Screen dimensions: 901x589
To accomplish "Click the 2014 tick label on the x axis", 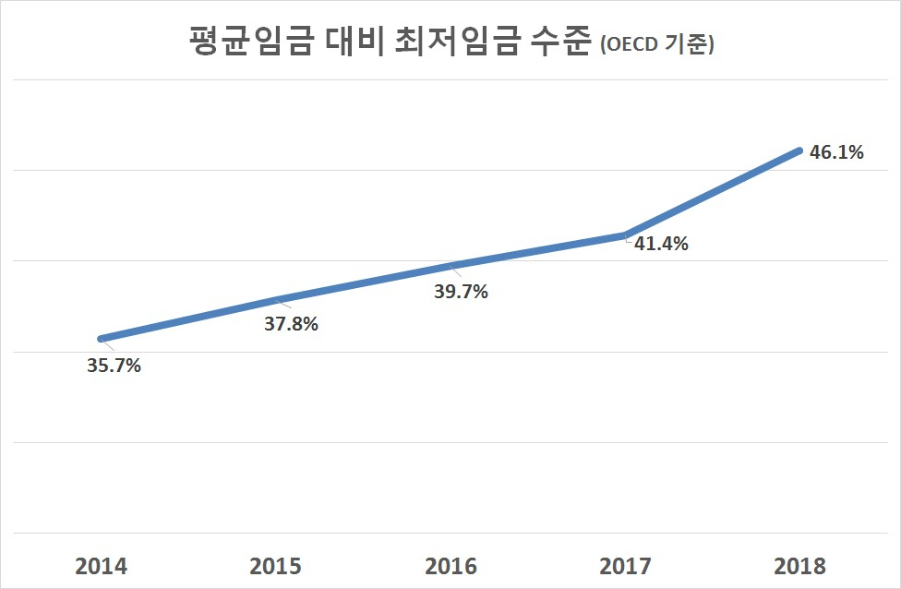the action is [102, 566].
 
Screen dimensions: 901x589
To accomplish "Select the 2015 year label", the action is [276, 566].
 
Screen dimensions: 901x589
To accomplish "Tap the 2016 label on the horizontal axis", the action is [450, 566].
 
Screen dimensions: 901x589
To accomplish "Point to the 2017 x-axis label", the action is [625, 566].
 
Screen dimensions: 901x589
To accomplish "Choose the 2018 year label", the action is [799, 566].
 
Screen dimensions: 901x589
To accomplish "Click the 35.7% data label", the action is [114, 366].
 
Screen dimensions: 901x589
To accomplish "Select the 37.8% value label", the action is [292, 324].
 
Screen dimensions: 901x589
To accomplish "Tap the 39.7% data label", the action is [461, 292].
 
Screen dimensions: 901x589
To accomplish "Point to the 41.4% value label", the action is [661, 244].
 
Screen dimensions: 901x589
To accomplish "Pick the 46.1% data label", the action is [836, 152].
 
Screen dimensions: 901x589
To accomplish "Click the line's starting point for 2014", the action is [102, 339].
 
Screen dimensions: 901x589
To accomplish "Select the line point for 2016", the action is [450, 266].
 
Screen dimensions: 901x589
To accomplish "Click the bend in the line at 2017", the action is [625, 235].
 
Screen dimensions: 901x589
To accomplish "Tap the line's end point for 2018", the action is [799, 150].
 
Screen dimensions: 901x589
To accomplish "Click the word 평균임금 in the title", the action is [251, 42].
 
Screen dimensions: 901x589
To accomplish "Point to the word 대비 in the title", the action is [354, 42].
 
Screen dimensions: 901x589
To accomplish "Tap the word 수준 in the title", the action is [560, 42].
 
